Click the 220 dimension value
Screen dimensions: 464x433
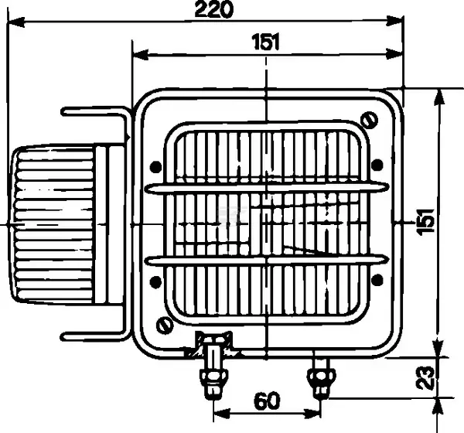pos(213,9)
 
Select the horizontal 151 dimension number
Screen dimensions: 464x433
pos(265,42)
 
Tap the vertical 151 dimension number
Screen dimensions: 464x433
pos(425,222)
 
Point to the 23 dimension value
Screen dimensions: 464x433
pos(425,377)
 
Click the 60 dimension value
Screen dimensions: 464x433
pos(266,401)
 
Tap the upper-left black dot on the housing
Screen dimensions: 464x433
pos(156,167)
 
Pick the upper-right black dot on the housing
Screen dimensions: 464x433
pos(377,165)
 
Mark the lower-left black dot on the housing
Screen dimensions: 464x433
pos(155,281)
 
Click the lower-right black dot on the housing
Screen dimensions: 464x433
pos(377,280)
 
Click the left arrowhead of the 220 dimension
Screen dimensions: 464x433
pos(16,22)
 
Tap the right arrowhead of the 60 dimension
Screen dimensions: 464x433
pos(312,414)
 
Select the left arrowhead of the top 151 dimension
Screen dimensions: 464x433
pos(141,55)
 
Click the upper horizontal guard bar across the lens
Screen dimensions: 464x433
pos(267,188)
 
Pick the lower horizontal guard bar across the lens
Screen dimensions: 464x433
pos(267,261)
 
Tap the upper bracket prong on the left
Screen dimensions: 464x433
pos(95,112)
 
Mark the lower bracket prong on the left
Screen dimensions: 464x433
pos(95,336)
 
